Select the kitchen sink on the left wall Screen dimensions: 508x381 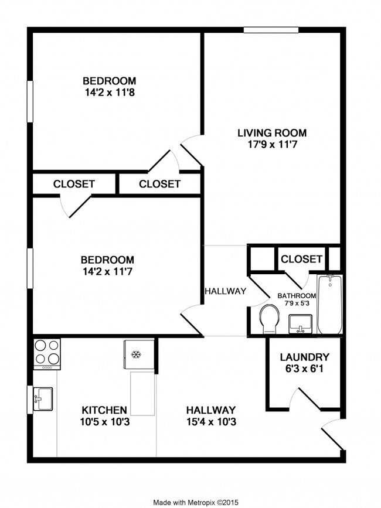(x=42, y=400)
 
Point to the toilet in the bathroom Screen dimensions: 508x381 (x=270, y=317)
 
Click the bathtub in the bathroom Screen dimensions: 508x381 (x=330, y=305)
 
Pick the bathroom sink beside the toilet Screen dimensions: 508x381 (x=301, y=323)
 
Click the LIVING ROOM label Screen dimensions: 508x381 (x=271, y=133)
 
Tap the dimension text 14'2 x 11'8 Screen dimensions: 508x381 (x=109, y=92)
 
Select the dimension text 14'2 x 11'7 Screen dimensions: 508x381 (x=108, y=271)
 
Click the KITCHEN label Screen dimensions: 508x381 (x=104, y=410)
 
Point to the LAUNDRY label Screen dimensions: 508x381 (x=304, y=357)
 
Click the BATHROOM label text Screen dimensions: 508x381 (x=297, y=296)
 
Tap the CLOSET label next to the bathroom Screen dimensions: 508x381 (x=301, y=259)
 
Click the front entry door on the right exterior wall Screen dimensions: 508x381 (x=331, y=435)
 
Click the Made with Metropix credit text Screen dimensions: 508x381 (x=196, y=502)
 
